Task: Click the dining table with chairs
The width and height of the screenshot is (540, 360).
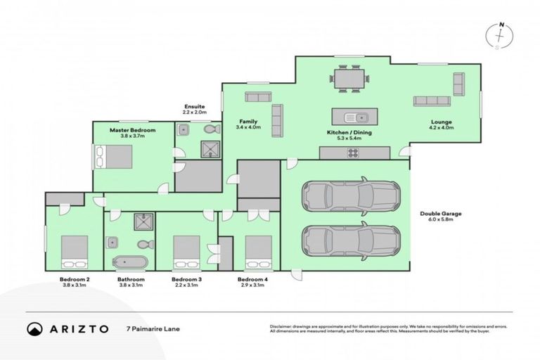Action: pyautogui.click(x=349, y=77)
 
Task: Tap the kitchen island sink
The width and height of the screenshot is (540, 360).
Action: pyautogui.click(x=360, y=117)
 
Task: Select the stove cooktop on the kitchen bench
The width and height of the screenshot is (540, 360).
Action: pyautogui.click(x=351, y=153)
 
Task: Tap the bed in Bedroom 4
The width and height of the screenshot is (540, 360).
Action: pyautogui.click(x=258, y=252)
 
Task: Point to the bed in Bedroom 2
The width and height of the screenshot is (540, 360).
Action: pyautogui.click(x=74, y=252)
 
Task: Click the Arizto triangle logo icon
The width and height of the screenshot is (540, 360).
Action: pyautogui.click(x=33, y=328)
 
